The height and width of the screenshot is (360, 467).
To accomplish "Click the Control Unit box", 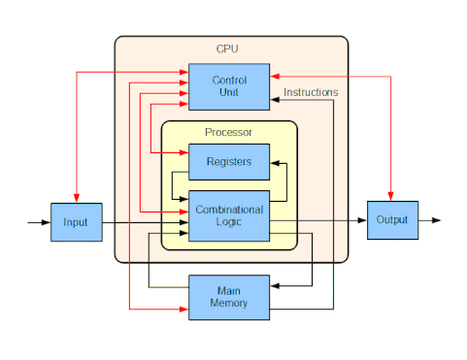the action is pos(229,86).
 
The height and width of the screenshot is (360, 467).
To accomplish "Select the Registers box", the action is pos(229,162).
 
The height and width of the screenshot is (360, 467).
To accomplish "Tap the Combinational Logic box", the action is pos(229,215).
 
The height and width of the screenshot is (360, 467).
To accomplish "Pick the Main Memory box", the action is pos(229,298).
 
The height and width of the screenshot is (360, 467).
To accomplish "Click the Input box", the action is pos(77,222).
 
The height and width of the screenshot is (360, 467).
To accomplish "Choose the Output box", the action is pos(392,220).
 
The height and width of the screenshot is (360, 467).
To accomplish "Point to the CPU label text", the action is pos(227,49).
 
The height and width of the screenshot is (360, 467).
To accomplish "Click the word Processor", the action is pos(228,132).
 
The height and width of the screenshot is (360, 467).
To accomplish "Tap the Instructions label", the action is pos(311,92).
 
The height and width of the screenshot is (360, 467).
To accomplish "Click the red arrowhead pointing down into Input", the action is pos(77,198).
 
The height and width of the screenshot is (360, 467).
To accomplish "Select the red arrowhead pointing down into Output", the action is pos(390,196).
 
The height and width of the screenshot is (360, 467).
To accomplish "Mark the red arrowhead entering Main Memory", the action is pos(183,310).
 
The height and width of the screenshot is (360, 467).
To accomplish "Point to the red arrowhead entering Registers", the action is pos(183,152).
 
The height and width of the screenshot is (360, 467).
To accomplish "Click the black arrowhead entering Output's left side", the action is pos(362,220).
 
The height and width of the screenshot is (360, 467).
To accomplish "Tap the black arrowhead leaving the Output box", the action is pos(436,220).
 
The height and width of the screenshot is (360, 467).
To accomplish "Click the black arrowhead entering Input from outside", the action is pos(46,222).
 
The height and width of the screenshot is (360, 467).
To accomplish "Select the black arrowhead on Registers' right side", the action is pos(275,163).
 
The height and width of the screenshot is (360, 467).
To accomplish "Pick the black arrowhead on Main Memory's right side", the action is pos(275,286).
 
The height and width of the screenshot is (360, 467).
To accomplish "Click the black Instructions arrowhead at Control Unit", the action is pos(275,100).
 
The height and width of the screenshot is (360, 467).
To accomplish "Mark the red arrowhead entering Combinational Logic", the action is pos(183,212).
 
